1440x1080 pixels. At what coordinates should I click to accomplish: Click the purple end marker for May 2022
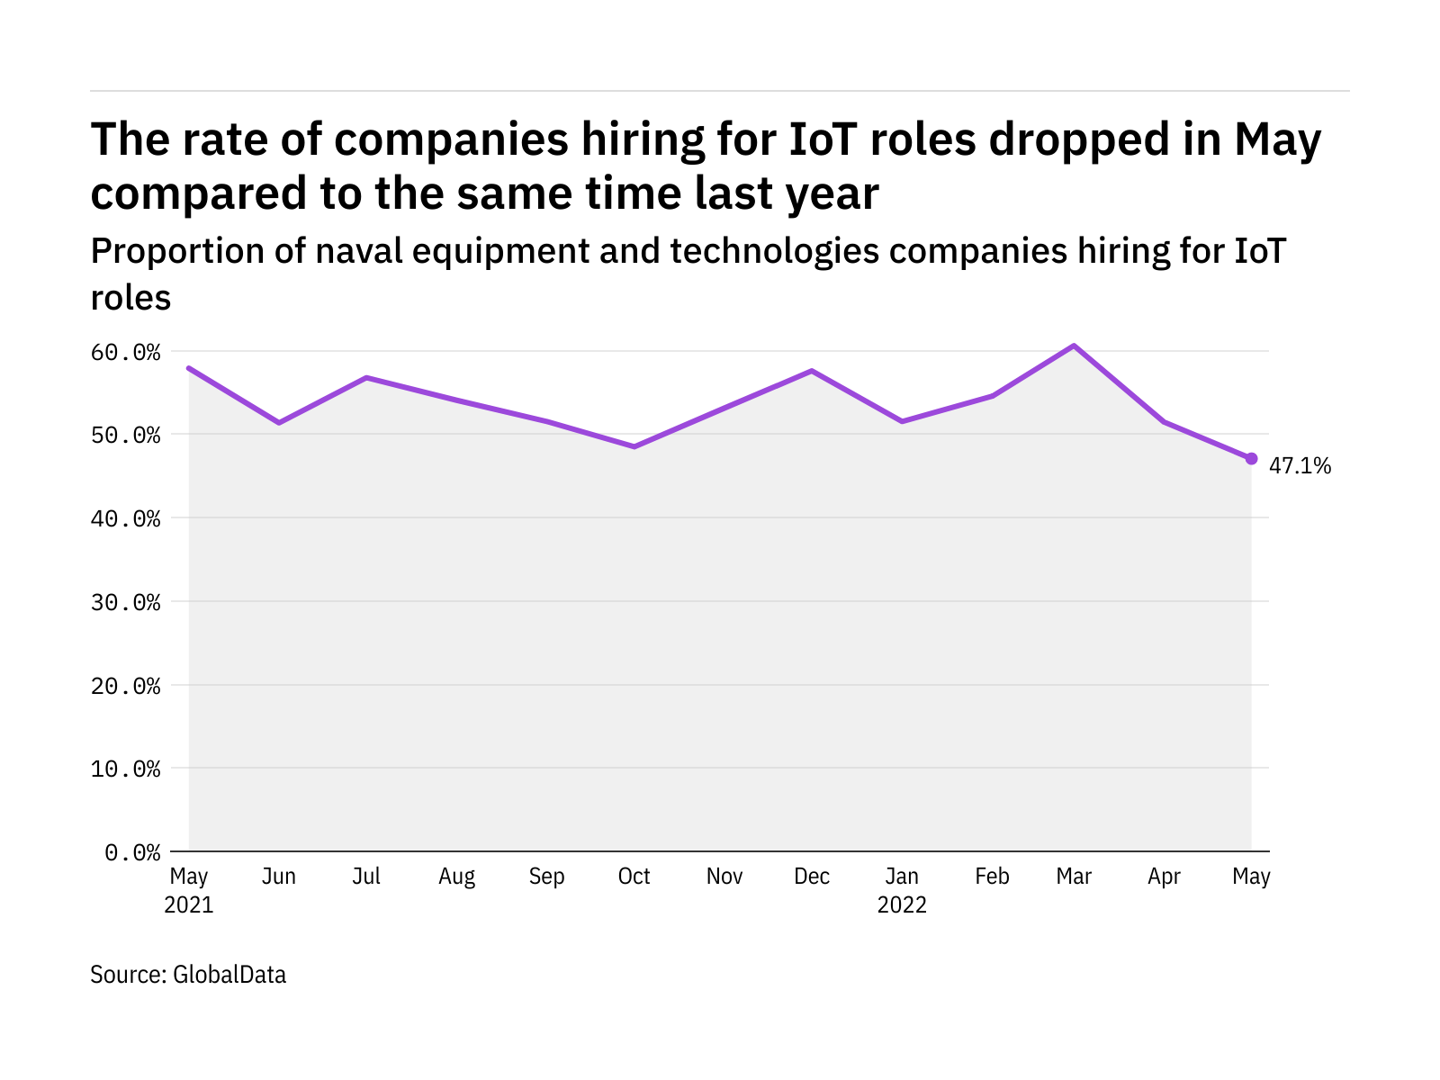1251,458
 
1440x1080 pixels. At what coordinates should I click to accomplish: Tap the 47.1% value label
1300,465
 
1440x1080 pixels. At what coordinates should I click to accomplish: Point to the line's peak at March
1074,346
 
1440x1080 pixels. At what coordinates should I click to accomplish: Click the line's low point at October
634,446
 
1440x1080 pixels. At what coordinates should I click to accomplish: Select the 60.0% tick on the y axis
125,352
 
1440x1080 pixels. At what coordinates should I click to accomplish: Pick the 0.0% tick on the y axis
132,852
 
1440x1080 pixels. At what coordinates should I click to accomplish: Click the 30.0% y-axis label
125,602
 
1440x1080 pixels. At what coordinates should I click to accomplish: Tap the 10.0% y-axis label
125,769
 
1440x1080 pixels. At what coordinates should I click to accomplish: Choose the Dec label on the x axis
812,877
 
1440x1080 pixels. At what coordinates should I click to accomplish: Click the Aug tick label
456,877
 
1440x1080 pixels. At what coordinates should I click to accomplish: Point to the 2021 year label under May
189,904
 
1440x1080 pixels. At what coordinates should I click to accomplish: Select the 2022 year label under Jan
902,904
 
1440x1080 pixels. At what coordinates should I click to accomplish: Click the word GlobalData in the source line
229,975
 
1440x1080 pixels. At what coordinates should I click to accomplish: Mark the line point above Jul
366,377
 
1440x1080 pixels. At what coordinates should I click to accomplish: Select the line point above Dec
812,371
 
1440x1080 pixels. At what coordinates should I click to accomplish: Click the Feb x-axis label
992,877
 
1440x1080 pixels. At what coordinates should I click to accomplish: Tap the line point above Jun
279,422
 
